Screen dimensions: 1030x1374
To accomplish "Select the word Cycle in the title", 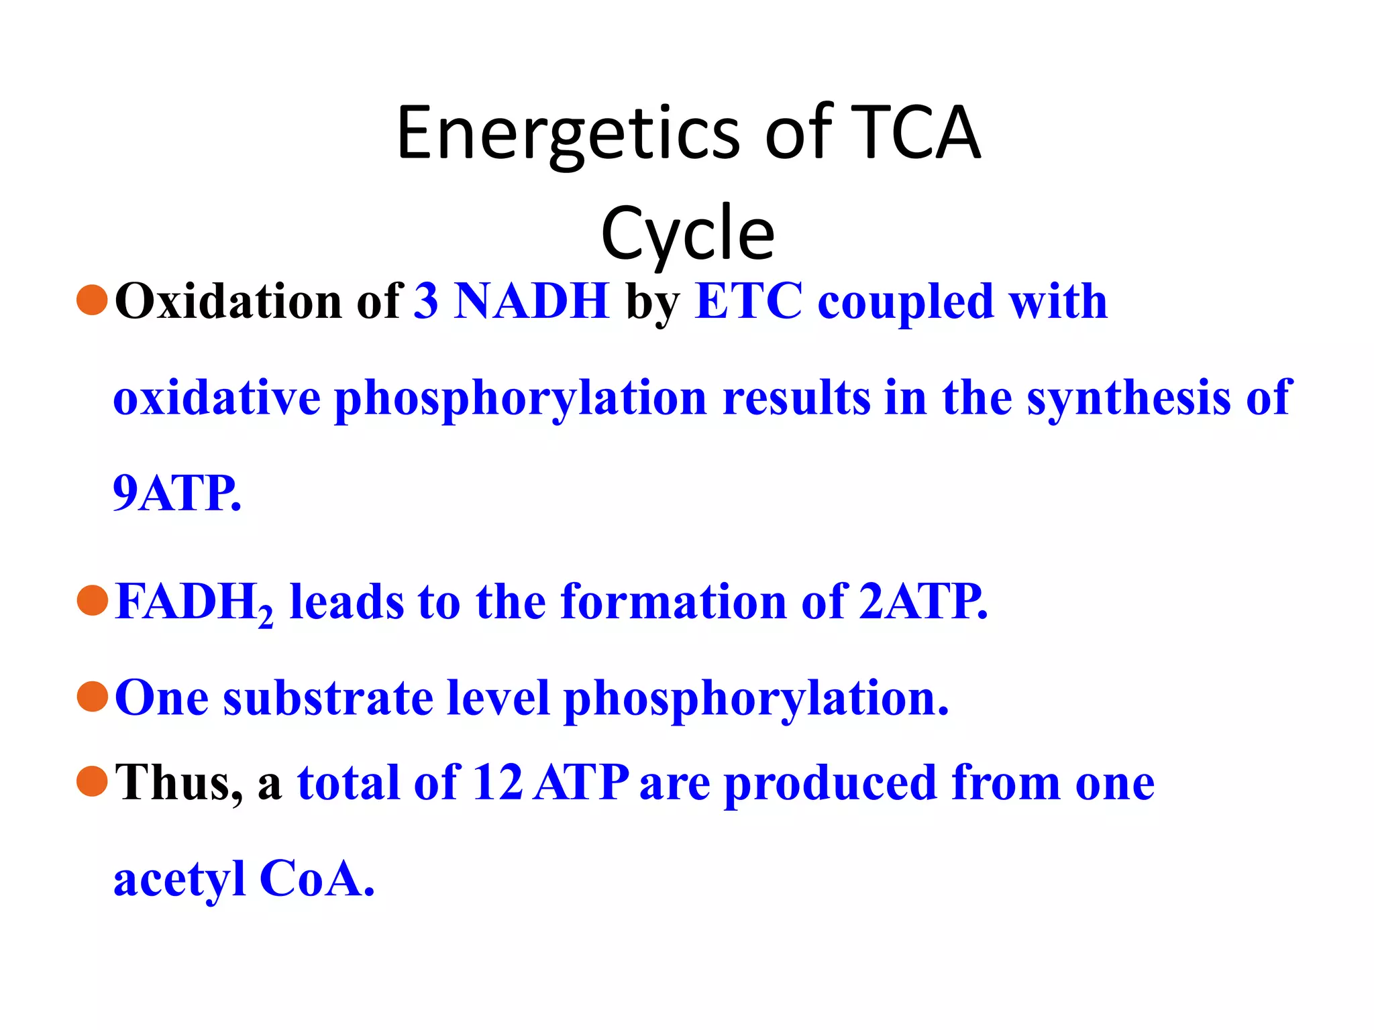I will pyautogui.click(x=687, y=233).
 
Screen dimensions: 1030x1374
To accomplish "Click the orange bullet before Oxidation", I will pyautogui.click(x=92, y=300).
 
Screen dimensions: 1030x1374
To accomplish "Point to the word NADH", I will pyautogui.click(x=531, y=301).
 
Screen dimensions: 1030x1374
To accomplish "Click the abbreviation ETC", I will pyautogui.click(x=749, y=301).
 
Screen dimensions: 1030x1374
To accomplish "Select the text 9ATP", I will pyautogui.click(x=176, y=494).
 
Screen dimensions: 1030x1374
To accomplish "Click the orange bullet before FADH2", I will pyautogui.click(x=92, y=599).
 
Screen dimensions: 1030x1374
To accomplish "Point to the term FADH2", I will pyautogui.click(x=194, y=602).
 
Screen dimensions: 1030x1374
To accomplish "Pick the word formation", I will pyautogui.click(x=673, y=602).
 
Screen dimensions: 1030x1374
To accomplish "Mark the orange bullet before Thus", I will pyautogui.click(x=92, y=781).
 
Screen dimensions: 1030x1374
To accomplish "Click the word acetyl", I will pyautogui.click(x=179, y=880).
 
